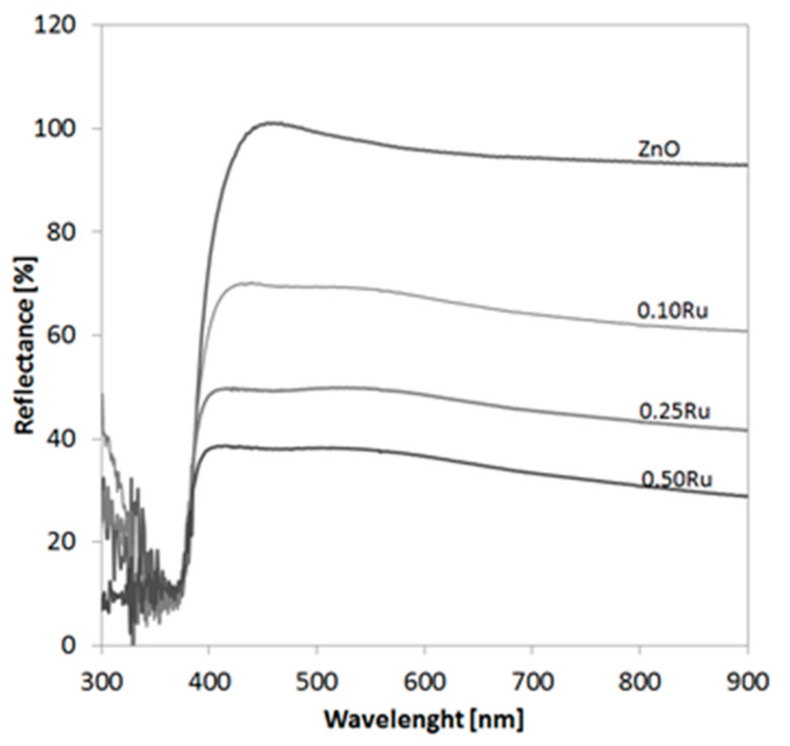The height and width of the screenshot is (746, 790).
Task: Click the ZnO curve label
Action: [x=659, y=149]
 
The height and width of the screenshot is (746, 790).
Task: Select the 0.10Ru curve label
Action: [x=672, y=311]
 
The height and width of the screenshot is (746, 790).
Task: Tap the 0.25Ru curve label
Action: [x=674, y=411]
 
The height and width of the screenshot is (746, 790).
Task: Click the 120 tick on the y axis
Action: [x=55, y=25]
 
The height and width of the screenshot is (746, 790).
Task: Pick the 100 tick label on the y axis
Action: [x=55, y=129]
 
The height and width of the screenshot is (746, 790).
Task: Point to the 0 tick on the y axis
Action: [x=69, y=645]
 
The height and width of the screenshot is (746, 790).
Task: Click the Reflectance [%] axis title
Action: [x=25, y=345]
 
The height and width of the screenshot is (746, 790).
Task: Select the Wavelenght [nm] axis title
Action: [x=424, y=719]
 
